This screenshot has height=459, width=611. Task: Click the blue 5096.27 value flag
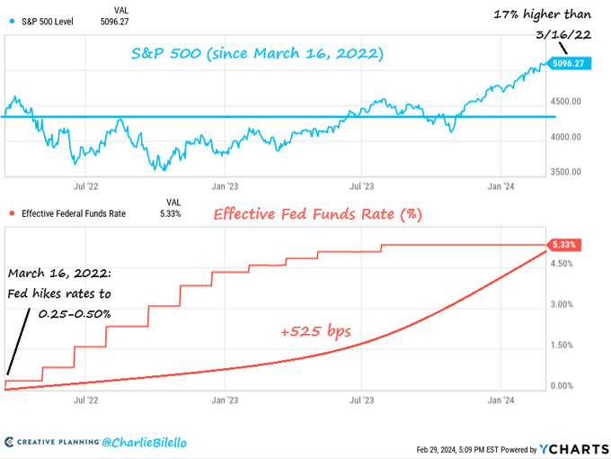coord(571,65)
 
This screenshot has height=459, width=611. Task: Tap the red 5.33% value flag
coord(565,245)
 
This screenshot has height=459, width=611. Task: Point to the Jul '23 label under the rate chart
coord(362,400)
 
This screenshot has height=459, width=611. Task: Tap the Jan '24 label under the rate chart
coord(500,400)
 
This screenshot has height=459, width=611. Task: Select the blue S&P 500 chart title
coord(257,54)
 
